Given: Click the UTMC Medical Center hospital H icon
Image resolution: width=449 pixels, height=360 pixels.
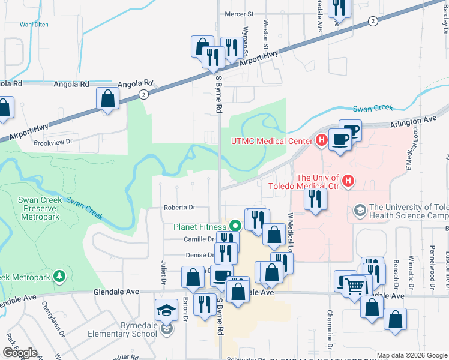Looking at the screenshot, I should pos(321,142).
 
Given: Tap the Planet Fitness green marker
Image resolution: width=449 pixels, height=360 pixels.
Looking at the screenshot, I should pos(235,226).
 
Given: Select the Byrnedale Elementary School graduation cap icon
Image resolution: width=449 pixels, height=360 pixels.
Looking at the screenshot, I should pos(165,310).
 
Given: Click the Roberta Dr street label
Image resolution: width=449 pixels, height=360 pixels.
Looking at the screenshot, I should pos(179,208).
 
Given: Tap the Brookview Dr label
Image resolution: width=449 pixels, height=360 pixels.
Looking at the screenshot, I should pos(53,142).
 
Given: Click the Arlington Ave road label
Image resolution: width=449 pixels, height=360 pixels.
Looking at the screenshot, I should pos(413,120).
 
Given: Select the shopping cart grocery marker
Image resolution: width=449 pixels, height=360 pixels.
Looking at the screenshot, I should pos(355,286).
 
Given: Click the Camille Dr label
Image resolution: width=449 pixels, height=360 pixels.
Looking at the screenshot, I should pos(198,239).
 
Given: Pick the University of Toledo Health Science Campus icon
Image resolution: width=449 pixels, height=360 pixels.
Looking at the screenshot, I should pos(360,210).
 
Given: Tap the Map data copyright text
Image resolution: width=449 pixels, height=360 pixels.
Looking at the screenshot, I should pos(412,355).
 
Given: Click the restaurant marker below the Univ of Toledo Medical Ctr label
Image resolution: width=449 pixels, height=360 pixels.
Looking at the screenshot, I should pos(315,199).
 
